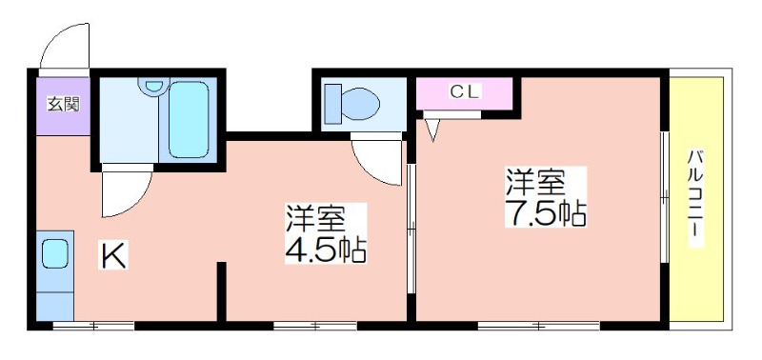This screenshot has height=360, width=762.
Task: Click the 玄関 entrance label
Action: pos(63,104)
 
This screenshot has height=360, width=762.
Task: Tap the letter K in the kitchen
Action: pos(113,255)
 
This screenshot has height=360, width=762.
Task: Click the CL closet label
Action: pos(465,91)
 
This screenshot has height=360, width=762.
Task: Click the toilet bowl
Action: pos(360,104)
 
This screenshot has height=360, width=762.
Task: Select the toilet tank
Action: pos(332,104)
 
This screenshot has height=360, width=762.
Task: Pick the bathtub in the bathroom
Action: pos(189,119)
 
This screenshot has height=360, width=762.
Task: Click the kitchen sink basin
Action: pos(54,254)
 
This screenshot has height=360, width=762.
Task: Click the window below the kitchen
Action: pos(93,326)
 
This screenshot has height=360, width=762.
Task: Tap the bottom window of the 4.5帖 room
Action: pos(315,326)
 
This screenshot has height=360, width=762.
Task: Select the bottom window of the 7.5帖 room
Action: pos(538,326)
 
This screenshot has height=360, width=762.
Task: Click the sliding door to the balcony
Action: pos(664,197)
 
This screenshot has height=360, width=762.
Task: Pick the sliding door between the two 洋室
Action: pos(411,229)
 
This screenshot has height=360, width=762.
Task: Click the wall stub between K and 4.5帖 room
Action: pos(221,291)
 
